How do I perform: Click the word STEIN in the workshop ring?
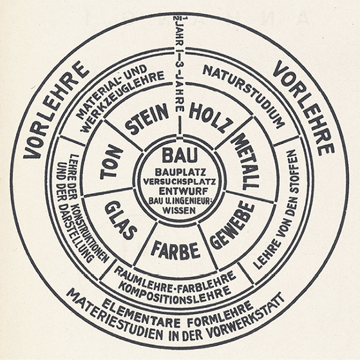point(146,118)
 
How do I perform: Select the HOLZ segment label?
point(209,116)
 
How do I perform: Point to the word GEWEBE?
point(231,225)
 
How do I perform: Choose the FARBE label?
point(175,250)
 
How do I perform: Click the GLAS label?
point(118,220)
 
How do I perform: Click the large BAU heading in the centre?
point(180,155)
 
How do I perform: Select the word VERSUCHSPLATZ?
point(180,182)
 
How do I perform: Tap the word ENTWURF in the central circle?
point(180,191)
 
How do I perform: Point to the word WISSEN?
point(179,210)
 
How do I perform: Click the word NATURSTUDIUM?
point(244,94)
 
